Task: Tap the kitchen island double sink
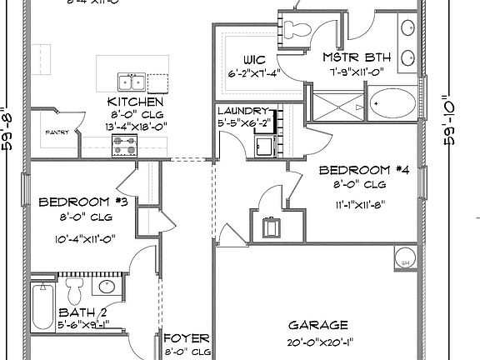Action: [130, 81]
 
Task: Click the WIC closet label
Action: [254, 59]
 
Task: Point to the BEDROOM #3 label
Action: [82, 202]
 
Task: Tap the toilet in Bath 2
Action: [74, 292]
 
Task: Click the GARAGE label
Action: [317, 325]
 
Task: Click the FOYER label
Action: [185, 339]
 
